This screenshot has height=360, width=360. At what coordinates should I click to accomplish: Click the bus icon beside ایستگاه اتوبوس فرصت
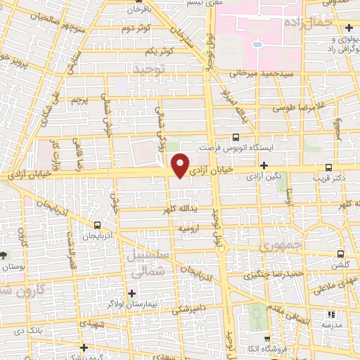click(x=235, y=138)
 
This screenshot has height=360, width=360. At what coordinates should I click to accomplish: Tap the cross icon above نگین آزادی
click(x=264, y=165)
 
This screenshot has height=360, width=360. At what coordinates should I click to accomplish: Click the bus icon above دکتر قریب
click(x=329, y=167)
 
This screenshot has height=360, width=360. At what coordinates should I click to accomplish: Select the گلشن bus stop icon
click(x=341, y=254)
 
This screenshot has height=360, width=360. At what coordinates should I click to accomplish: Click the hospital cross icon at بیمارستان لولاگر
click(x=131, y=292)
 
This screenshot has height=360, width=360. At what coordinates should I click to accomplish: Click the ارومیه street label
click(x=191, y=229)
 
